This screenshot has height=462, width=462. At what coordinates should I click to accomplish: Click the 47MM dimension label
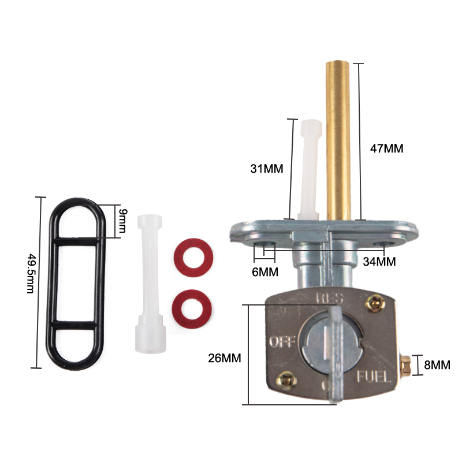click(386, 148)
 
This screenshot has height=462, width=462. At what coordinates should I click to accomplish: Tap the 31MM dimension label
click(267, 169)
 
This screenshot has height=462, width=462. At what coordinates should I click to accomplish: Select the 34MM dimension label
click(379, 262)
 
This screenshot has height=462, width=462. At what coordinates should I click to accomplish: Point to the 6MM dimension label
click(265, 272)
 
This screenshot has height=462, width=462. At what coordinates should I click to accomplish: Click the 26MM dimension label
click(225, 358)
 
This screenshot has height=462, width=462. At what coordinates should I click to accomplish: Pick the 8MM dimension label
click(437, 365)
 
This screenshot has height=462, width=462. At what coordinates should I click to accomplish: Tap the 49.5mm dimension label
click(31, 274)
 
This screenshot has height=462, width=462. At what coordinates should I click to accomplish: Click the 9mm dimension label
click(122, 221)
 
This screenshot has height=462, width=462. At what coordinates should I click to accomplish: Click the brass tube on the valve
click(338, 140)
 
